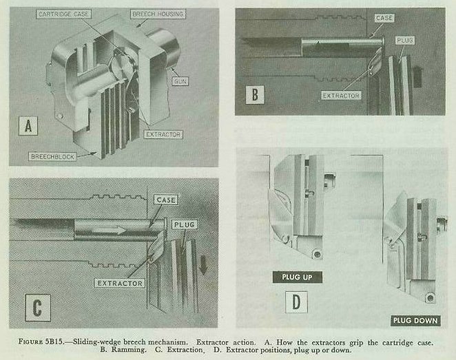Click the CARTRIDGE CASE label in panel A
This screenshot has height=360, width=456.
coord(64,14)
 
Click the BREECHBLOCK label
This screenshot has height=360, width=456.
coord(52,156)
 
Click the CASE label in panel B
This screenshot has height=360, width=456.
coord(384,19)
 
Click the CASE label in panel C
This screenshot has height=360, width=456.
coord(166,200)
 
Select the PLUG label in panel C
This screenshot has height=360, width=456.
coord(183,224)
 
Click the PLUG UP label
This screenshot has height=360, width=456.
coord(298,277)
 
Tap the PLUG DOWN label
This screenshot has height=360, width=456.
coord(415,320)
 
